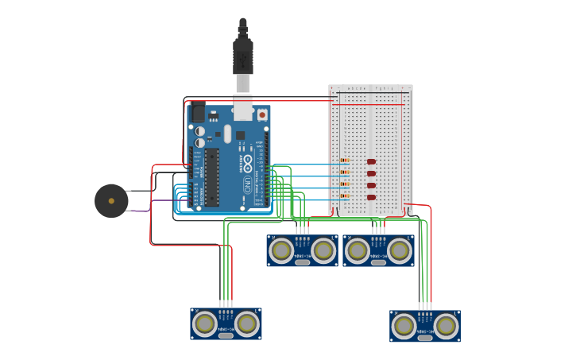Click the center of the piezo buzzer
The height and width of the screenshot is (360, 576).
(x=111, y=201)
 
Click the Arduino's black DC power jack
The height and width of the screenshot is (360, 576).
(x=196, y=112)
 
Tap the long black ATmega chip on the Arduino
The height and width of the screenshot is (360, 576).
(x=211, y=176)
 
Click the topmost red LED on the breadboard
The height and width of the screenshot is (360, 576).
(x=371, y=161)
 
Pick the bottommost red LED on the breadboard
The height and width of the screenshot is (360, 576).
(x=371, y=197)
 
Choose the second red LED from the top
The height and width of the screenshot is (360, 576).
(x=371, y=173)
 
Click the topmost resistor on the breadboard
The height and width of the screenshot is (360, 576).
(x=345, y=161)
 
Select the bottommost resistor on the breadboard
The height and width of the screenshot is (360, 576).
(x=345, y=195)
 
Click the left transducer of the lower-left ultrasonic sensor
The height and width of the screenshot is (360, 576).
(x=205, y=323)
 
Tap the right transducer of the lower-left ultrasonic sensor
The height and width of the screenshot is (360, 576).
(x=247, y=323)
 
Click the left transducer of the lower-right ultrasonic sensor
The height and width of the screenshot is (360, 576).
(x=404, y=325)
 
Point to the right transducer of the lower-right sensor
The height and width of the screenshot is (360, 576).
(x=446, y=325)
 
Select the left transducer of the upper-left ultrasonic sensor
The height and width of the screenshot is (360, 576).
(x=281, y=250)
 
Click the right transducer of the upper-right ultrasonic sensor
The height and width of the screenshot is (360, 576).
(x=400, y=250)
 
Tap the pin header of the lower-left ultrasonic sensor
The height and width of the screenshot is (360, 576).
(x=226, y=304)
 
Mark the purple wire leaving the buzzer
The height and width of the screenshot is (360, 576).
(x=139, y=211)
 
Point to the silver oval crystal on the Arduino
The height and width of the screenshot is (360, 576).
(x=227, y=134)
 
